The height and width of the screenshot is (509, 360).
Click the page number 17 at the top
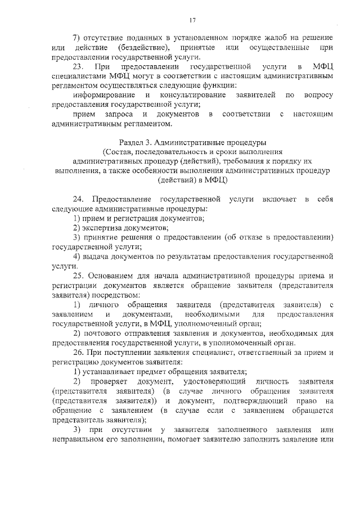click(x=192, y=21)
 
